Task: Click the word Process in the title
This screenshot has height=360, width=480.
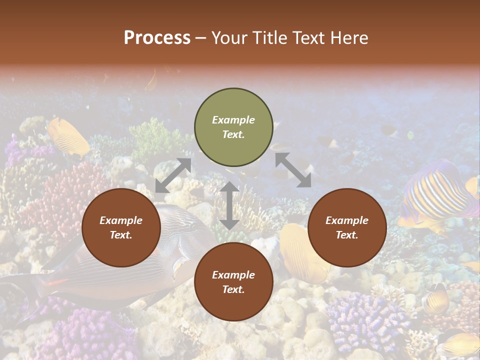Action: coord(157,37)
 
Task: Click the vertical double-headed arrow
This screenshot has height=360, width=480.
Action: coord(229,205)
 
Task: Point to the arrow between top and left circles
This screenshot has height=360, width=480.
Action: coord(173,175)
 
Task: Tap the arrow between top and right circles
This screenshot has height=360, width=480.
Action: coord(293,170)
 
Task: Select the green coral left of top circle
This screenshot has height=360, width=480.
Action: coord(155,137)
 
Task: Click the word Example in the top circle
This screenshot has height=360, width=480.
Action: coord(233,120)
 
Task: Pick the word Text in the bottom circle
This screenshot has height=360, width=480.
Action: coord(233,289)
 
